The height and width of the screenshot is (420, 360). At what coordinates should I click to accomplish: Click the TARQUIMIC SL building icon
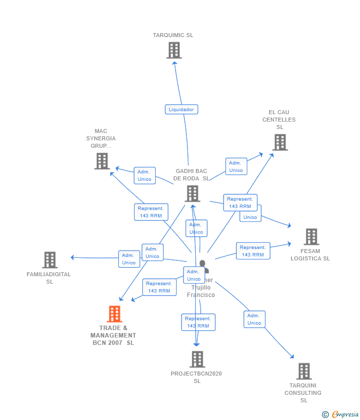pos(174,50)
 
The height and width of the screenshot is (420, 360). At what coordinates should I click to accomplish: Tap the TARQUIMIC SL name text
pos(173,36)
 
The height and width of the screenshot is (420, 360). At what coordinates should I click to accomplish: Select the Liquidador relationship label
pos(181,110)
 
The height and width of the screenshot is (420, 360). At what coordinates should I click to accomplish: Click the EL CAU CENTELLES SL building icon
pos(280,142)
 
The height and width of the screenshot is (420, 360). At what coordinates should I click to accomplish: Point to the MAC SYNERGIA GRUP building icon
pos(102,161)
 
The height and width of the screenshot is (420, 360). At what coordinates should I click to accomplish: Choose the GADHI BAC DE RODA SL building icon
pos(192,194)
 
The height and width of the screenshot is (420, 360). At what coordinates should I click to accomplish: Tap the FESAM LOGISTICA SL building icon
pos(311,237)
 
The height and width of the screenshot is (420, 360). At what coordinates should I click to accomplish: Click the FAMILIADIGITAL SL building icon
pos(50,260)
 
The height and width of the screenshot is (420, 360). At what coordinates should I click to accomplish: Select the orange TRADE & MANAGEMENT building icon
pos(114,314)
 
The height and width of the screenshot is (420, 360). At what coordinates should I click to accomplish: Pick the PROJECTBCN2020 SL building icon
pos(197,359)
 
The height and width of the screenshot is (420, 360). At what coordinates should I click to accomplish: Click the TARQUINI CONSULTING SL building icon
pos(304,371)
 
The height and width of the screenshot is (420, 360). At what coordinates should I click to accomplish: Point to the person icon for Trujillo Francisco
pos(203,267)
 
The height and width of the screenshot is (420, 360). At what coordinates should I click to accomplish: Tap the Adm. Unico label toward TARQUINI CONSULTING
pos(254,319)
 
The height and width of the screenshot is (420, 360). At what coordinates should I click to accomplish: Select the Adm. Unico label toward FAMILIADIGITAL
pos(129,259)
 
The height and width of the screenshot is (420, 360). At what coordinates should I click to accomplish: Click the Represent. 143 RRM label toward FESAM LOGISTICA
pos(253,251)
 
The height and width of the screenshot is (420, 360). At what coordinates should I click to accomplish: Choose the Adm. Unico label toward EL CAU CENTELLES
pos(236,167)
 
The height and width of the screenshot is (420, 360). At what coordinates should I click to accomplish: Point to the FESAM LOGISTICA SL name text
pos(310,255)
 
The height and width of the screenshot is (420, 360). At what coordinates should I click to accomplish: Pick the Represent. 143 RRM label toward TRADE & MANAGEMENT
pos(159,287)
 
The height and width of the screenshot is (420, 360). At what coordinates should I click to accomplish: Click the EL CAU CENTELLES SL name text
pos(279,120)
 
